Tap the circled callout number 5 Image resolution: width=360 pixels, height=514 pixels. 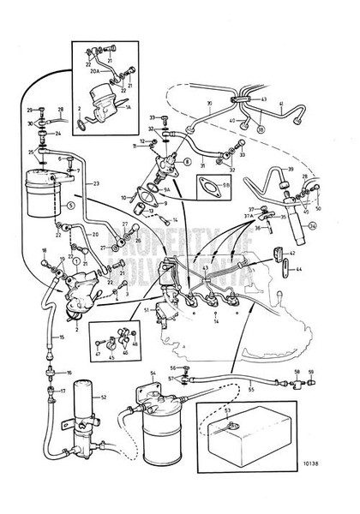click(x=71, y=206)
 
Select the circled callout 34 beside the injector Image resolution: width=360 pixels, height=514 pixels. click(x=312, y=226)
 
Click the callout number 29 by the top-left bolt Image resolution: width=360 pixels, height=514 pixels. click(x=29, y=111)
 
